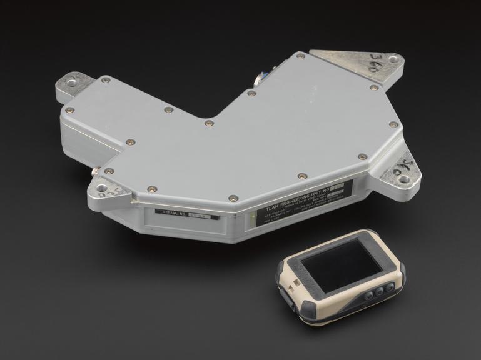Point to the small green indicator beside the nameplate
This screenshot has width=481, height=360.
click(251, 219)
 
